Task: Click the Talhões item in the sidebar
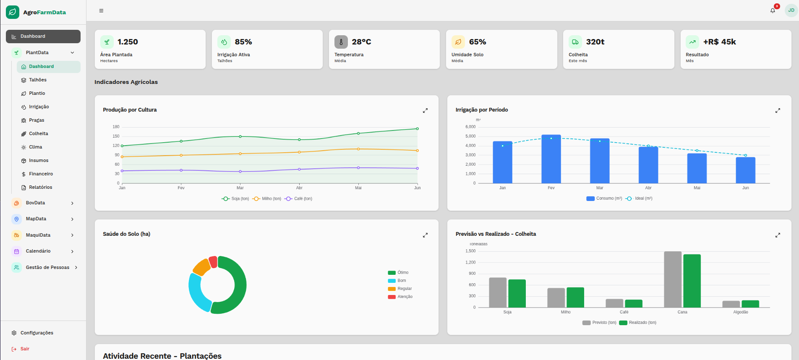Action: click(37, 80)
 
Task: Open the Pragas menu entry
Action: click(36, 120)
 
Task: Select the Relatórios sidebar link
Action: click(40, 187)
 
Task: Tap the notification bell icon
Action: click(773, 10)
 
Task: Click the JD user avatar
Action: click(791, 10)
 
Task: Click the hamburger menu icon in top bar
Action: click(101, 10)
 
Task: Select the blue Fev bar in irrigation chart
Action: click(551, 159)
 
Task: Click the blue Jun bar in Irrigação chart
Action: click(745, 170)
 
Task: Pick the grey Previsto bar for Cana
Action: click(672, 279)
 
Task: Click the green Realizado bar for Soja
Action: click(517, 293)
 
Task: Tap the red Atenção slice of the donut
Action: click(213, 262)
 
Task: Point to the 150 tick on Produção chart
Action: click(116, 136)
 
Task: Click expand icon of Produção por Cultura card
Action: click(425, 110)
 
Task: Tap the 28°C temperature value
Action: click(361, 42)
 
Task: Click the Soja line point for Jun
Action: click(417, 129)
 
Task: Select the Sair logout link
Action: click(25, 349)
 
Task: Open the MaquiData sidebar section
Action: click(38, 235)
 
